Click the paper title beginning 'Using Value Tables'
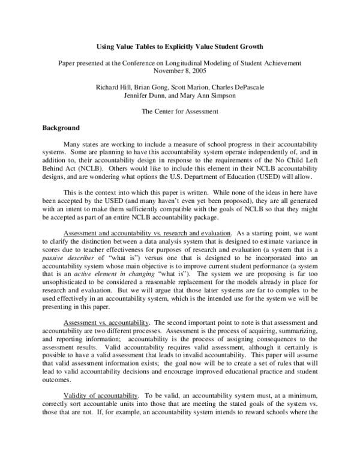coord(179,46)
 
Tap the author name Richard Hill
coord(115,87)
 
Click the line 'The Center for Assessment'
coord(179,112)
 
